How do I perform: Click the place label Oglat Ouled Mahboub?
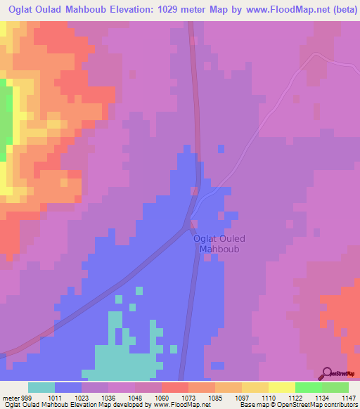[219, 243]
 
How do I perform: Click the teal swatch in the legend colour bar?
[41, 388]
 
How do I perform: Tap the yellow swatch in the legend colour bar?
[282, 388]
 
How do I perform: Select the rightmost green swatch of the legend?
[335, 388]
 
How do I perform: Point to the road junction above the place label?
[194, 224]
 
